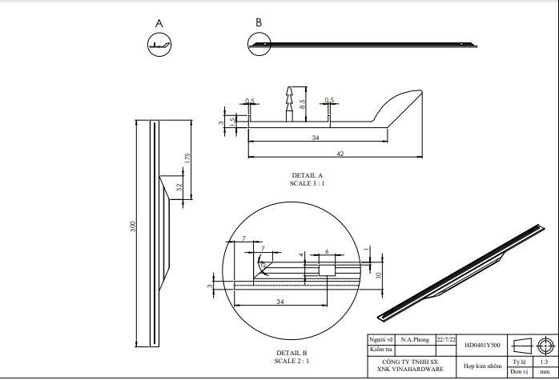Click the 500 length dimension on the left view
(x=134, y=227)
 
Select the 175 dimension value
(x=187, y=158)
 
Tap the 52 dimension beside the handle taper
(x=179, y=187)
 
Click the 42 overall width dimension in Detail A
(x=340, y=154)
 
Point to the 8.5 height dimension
(x=302, y=103)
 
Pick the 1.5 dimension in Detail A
(x=232, y=121)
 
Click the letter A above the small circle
(x=159, y=24)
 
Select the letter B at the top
(x=258, y=22)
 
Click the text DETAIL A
(x=308, y=175)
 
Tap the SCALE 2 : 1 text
(x=292, y=361)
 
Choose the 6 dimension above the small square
(x=327, y=252)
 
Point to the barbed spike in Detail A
(x=289, y=101)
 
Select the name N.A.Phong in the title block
(x=415, y=340)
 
